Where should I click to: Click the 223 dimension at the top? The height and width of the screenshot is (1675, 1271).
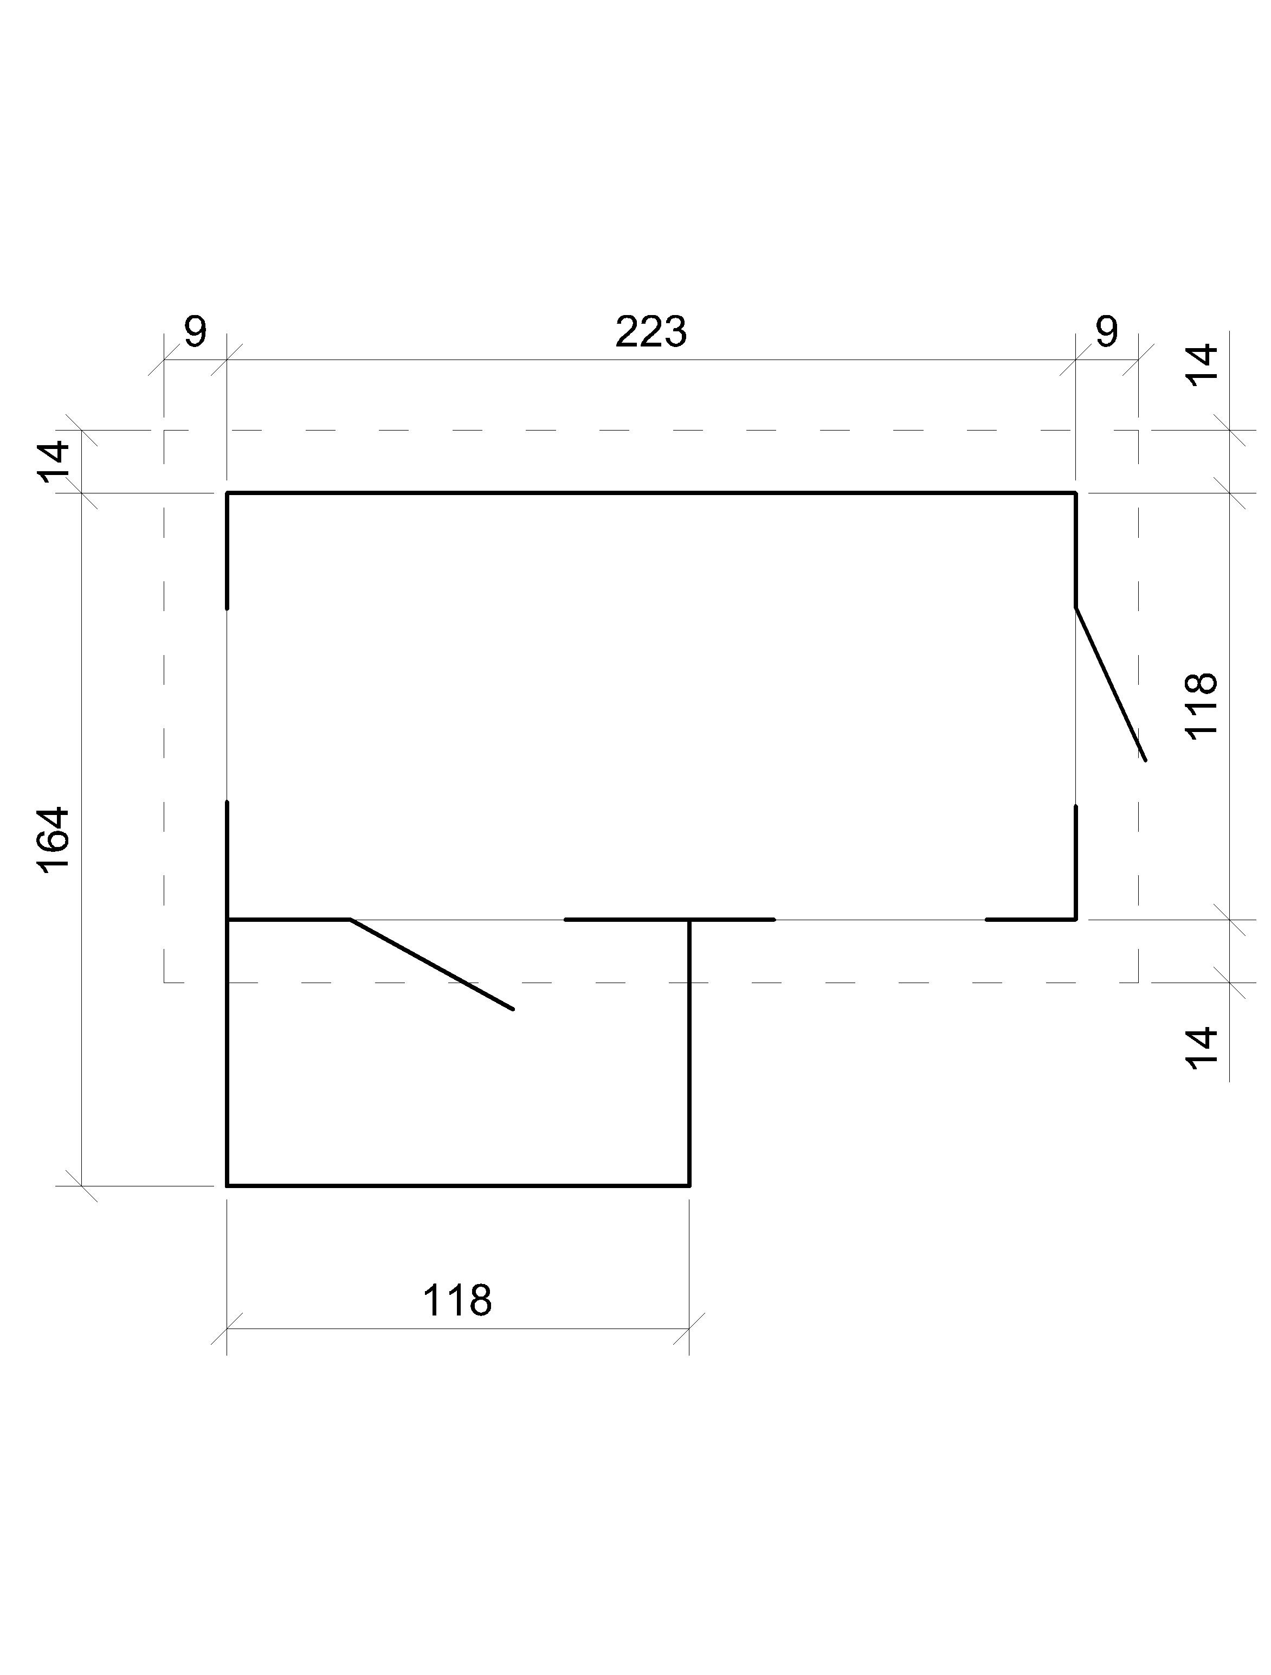coord(650,332)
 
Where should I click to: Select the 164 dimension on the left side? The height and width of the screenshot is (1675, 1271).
coord(55,840)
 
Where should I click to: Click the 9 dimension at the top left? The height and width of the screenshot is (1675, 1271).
coord(195,332)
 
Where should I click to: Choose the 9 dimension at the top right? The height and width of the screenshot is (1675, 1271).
coord(1106,332)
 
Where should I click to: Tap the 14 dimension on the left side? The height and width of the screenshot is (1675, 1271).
coord(55,461)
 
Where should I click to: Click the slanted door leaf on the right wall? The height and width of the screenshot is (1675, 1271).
coord(1111,683)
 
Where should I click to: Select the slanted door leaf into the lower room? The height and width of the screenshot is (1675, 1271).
coord(431,964)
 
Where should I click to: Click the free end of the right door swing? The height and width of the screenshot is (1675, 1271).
coord(1145,760)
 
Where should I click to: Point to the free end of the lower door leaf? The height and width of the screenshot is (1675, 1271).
coord(513,1009)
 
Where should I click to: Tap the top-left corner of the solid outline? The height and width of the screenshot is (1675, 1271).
coord(227,493)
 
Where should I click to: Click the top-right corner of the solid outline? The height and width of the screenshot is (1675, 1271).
coord(1076,493)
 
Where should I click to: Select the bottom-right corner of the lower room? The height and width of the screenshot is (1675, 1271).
coord(689,1185)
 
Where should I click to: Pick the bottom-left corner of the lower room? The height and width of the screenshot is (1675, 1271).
coord(227,1185)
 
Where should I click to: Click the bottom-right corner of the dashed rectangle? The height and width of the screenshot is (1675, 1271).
coord(1138,982)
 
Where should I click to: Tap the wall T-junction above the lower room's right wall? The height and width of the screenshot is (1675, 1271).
coord(689,919)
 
